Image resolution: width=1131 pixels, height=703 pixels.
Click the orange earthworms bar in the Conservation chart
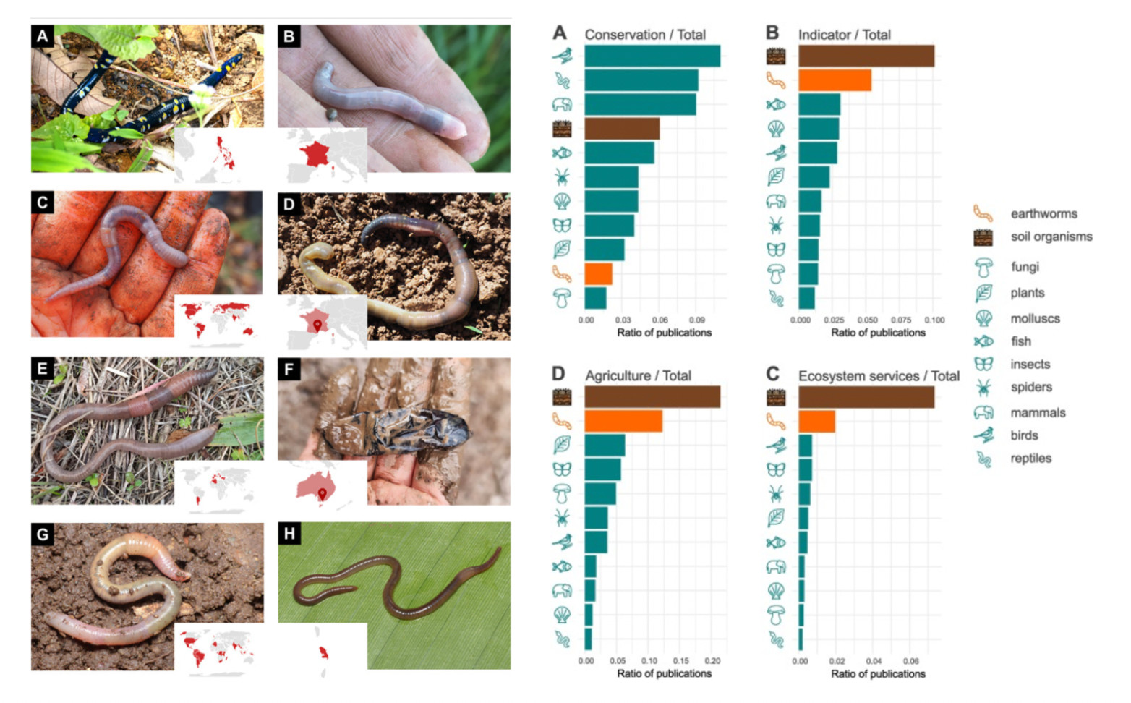coord(598,274)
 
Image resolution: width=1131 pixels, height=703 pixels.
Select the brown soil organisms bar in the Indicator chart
coord(866,56)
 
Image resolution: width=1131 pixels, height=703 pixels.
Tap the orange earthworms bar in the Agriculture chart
coord(623,421)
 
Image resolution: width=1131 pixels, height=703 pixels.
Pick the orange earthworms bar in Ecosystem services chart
coord(816,421)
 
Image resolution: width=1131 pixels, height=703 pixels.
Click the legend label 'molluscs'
coord(1035,318)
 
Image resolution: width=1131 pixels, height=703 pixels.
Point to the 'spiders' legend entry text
coord(1031,387)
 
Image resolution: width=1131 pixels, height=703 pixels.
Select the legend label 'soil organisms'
coord(1051,237)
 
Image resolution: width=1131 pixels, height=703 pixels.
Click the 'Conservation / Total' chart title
coord(644,35)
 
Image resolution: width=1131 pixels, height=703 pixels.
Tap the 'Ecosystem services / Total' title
coord(879,376)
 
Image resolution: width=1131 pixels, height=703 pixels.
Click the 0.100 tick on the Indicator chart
coord(934,320)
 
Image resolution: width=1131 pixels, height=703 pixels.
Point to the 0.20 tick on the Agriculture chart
coord(712,661)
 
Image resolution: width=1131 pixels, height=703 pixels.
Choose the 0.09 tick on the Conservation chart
coord(696,320)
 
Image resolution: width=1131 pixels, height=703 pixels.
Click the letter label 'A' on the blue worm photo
coord(43,36)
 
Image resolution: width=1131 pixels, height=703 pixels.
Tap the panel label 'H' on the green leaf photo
coord(289,534)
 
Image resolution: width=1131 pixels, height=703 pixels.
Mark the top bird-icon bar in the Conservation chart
coord(652,56)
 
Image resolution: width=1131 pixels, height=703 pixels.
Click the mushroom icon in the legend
coord(983,268)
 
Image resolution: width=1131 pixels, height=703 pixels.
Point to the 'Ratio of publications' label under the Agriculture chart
coord(664,673)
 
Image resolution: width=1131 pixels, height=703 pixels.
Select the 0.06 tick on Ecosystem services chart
coord(910,661)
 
